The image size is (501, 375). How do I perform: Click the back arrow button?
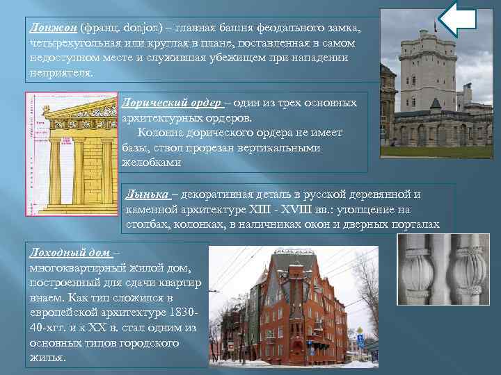point(459,19)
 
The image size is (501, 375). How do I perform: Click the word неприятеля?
point(61,74)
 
